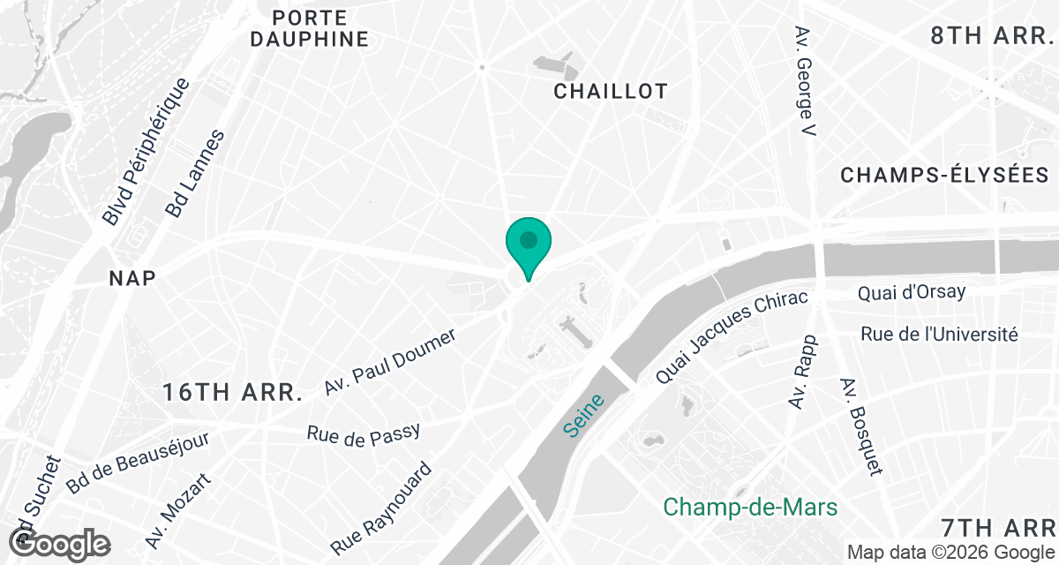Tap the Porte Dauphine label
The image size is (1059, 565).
[x=308, y=28]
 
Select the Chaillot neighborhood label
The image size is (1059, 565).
[x=610, y=91]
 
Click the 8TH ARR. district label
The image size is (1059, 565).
[x=993, y=36]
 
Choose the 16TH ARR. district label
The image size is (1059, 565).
[x=233, y=393]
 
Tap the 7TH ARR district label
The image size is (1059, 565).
[x=999, y=528]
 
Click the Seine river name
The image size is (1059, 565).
[x=583, y=414]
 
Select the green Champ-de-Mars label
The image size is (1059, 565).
[x=749, y=508]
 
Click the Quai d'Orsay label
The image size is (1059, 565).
[x=912, y=292]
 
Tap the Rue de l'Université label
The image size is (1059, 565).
[x=939, y=335]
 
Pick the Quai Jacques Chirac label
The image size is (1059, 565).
[x=732, y=336]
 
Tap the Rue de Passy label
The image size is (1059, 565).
[x=363, y=433]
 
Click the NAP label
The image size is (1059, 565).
[x=132, y=278]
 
